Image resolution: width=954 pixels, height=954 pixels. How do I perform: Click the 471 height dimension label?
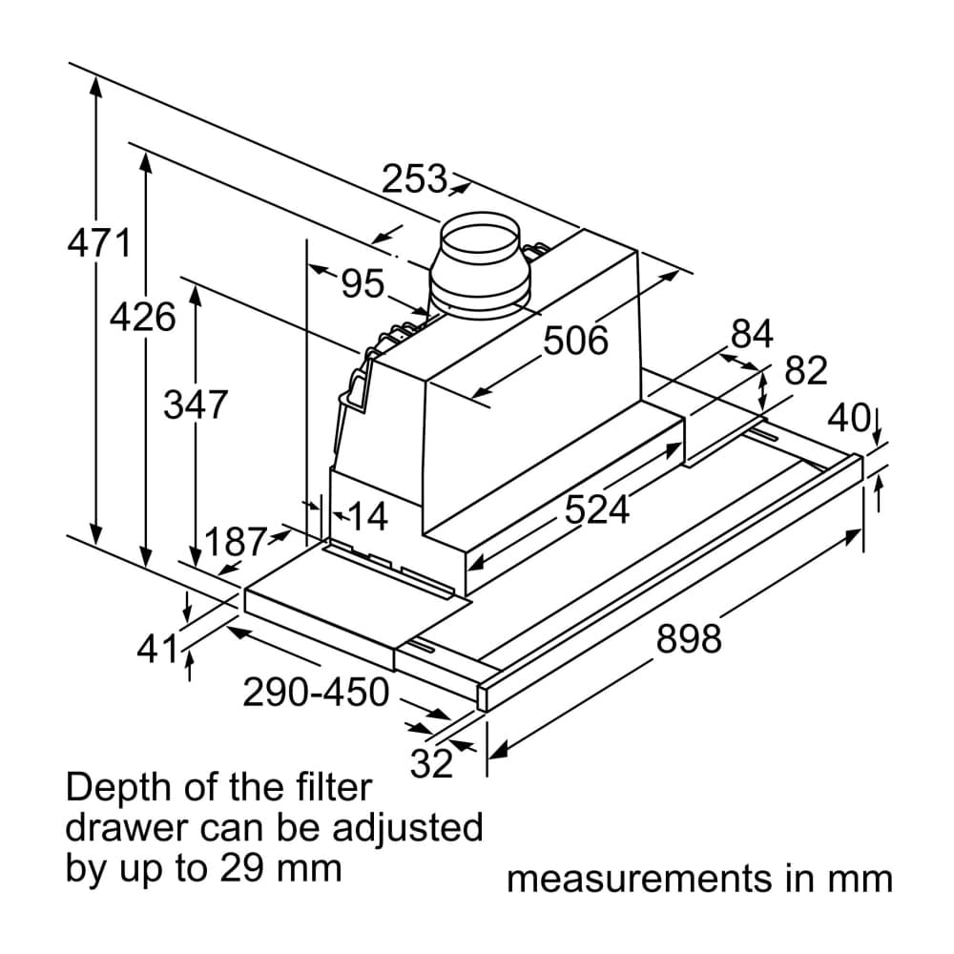pyautogui.click(x=98, y=244)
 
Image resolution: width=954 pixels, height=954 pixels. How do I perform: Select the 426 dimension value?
pyautogui.click(x=142, y=317)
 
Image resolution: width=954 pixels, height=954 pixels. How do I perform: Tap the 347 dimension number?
pyautogui.click(x=195, y=405)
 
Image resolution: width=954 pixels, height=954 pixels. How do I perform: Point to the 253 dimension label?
pyautogui.click(x=414, y=178)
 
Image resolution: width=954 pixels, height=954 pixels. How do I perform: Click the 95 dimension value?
pyautogui.click(x=363, y=284)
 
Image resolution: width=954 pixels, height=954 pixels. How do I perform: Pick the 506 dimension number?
pyautogui.click(x=575, y=340)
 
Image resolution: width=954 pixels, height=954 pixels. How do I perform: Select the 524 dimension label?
pyautogui.click(x=597, y=510)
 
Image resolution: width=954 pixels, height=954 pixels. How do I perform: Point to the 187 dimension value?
pyautogui.click(x=236, y=543)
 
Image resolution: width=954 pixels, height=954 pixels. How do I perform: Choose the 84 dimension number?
pyautogui.click(x=752, y=334)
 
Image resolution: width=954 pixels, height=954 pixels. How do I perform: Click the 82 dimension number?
pyautogui.click(x=805, y=371)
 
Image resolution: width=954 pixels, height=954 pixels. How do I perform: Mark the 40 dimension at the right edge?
pyautogui.click(x=848, y=418)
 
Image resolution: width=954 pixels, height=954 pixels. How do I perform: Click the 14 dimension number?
pyautogui.click(x=367, y=518)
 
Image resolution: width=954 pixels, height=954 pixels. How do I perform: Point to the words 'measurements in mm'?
pyautogui.click(x=699, y=879)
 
